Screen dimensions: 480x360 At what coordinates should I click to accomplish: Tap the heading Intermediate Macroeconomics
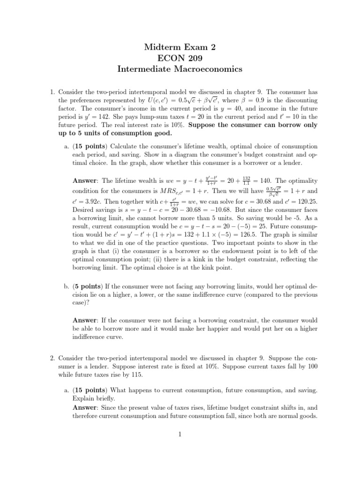[x=180, y=70]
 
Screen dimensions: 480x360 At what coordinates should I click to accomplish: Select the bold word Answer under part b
[x=84, y=320]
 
